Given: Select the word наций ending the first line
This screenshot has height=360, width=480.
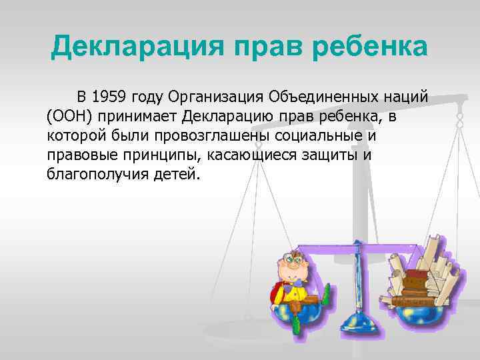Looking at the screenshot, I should coord(405,99).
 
